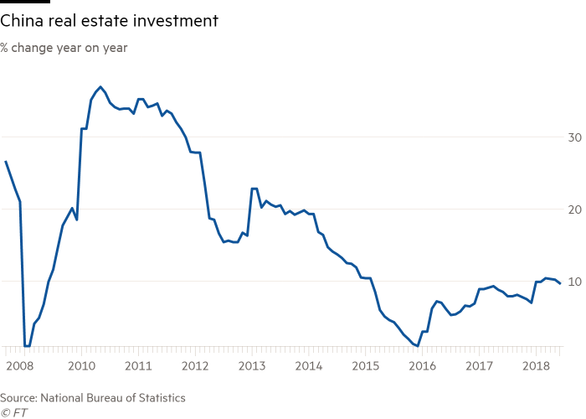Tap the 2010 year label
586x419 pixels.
pos(80,366)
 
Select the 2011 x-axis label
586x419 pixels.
pos(137,366)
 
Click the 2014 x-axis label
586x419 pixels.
pos(308,366)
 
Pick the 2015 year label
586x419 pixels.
pos(365,366)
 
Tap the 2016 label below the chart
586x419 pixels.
pos(422,366)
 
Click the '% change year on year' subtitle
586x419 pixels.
pos(64,47)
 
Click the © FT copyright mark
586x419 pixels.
pos(14,411)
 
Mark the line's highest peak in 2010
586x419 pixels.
pos(100,86)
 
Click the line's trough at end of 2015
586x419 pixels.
pos(416,344)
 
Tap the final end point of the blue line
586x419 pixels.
pos(559,282)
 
